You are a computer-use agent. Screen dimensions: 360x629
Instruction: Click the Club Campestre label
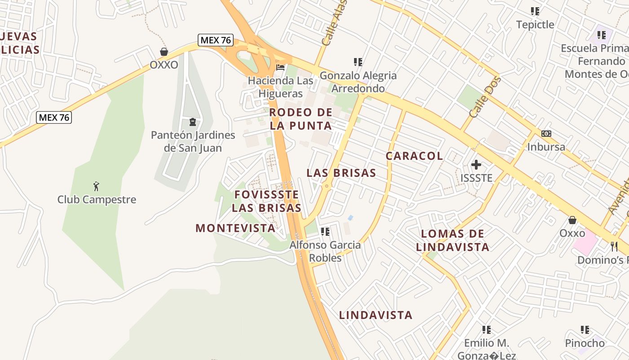[97, 199]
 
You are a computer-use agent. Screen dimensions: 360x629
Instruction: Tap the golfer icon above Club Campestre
[96, 186]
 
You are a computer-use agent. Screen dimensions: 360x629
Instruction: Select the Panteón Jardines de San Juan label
[193, 141]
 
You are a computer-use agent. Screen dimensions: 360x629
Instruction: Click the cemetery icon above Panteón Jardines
[193, 121]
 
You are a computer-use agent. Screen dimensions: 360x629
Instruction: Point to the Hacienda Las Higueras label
[281, 87]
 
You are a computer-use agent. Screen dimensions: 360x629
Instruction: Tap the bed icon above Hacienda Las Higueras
[280, 68]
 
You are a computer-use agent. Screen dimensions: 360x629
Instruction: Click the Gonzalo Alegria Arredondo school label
[358, 82]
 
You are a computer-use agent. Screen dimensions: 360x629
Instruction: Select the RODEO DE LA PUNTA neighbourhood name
[301, 119]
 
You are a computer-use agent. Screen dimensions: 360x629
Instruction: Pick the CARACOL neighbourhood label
[414, 156]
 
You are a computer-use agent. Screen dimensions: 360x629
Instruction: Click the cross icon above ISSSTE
[476, 165]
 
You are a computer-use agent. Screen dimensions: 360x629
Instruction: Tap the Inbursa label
[546, 147]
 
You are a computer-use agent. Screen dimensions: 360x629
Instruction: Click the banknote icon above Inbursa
[546, 134]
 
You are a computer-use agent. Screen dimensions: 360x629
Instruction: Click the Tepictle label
[535, 24]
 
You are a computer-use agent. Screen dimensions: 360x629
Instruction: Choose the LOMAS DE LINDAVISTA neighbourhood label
[452, 240]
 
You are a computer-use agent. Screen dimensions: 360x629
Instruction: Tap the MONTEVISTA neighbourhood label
[235, 228]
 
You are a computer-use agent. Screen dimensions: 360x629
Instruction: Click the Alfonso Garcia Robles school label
[325, 251]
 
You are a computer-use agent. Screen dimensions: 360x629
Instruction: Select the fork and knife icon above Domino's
[614, 246]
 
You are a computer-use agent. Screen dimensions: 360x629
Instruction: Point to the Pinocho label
[585, 343]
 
